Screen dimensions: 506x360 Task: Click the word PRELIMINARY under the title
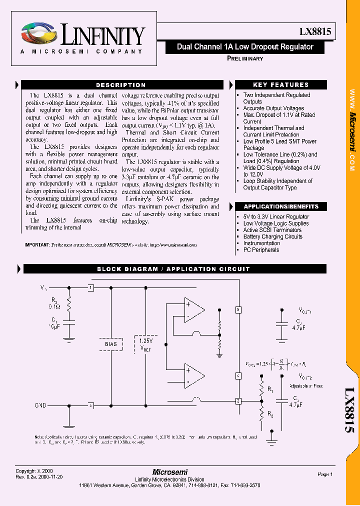(245, 58)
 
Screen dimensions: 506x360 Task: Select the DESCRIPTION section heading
(120, 85)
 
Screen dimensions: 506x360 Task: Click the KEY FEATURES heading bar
(280, 85)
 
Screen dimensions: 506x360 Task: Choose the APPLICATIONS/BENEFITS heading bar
(280, 206)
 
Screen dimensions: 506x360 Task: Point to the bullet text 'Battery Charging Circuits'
(273, 236)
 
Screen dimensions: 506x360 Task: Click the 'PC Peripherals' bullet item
(261, 250)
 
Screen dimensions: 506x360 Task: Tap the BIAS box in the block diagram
(110, 344)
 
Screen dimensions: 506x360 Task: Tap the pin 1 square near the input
(90, 288)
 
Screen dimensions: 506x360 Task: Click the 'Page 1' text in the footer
(324, 474)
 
